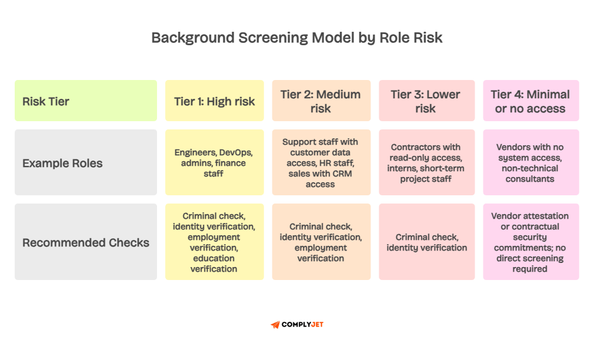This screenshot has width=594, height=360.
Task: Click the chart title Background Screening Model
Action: click(296, 38)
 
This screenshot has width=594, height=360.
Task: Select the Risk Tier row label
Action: click(46, 101)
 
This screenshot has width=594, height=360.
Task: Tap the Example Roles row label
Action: click(62, 163)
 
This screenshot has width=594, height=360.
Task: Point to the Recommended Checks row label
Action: click(86, 242)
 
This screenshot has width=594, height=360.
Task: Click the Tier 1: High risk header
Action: click(215, 101)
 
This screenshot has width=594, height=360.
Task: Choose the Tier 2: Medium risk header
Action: click(321, 101)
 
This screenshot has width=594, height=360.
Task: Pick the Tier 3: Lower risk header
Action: click(426, 101)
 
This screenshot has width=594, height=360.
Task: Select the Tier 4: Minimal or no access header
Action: click(530, 101)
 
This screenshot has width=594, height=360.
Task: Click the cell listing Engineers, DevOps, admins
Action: click(215, 163)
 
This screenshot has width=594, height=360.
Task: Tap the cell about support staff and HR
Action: click(321, 163)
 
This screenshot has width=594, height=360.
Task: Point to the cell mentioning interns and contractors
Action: click(426, 163)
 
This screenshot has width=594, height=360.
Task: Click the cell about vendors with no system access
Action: click(530, 163)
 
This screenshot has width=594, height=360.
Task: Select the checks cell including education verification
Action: click(215, 242)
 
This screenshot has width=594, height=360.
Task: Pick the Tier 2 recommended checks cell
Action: click(321, 242)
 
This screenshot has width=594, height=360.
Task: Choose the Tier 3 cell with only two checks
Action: click(426, 242)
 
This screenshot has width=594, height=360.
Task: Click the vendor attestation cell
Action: click(530, 242)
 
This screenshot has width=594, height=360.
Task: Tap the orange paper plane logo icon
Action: click(275, 325)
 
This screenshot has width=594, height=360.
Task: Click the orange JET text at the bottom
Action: click(317, 325)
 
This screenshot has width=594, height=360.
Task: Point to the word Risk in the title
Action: click(426, 38)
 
